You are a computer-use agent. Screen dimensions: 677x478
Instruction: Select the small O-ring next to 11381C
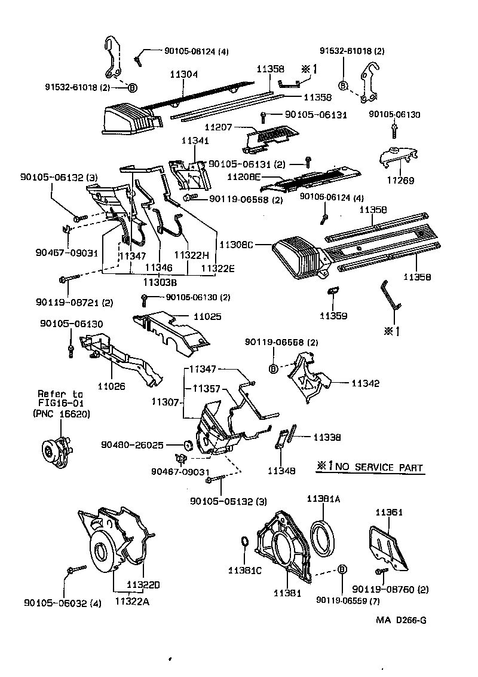tap(244, 542)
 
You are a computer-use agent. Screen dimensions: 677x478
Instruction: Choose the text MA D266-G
tap(401, 620)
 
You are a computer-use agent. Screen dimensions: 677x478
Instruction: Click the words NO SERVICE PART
tap(378, 468)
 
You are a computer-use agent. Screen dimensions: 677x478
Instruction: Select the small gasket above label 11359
tap(333, 291)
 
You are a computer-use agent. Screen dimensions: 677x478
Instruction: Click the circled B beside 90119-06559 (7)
tap(342, 569)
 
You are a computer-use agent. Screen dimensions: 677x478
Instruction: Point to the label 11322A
tap(132, 602)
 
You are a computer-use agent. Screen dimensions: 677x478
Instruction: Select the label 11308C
tap(237, 245)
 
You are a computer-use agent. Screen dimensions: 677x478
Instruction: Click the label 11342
tap(366, 383)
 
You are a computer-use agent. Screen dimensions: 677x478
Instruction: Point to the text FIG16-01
tap(60, 404)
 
